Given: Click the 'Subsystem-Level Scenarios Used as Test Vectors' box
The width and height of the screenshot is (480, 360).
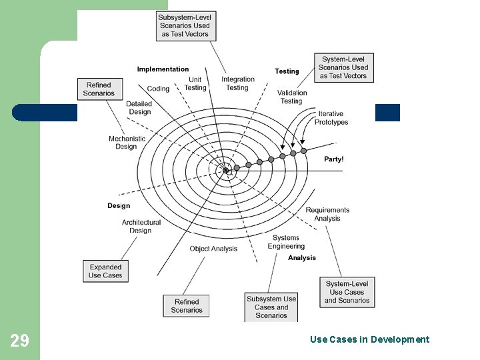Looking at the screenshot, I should [x=186, y=26].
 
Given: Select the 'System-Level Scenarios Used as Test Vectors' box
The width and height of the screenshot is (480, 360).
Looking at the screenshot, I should [x=344, y=67].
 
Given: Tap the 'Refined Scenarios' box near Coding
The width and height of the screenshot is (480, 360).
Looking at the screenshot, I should [x=99, y=89].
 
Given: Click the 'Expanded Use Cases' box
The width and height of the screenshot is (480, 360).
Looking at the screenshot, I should [x=105, y=271].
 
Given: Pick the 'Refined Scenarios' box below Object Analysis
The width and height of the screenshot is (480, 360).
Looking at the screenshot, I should [x=187, y=305].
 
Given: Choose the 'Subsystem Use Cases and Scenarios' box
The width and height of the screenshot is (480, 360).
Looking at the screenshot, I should [x=271, y=307].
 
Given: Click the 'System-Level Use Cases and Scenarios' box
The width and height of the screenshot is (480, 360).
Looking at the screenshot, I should [x=347, y=292].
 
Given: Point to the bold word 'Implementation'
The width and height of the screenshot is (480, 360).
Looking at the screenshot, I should [x=163, y=69].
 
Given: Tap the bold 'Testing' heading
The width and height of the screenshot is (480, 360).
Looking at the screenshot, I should [x=287, y=71].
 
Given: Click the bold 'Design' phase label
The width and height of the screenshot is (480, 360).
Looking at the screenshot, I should [x=119, y=206].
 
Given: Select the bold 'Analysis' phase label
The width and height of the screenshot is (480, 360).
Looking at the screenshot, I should [x=302, y=258].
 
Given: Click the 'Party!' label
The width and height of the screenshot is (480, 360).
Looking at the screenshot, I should [x=334, y=159].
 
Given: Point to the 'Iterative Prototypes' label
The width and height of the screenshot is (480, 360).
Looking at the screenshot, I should [x=331, y=118].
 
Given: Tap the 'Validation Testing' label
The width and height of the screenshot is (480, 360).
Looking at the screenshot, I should [x=292, y=97].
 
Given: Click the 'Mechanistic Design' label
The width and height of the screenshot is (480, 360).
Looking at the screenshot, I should [x=126, y=143].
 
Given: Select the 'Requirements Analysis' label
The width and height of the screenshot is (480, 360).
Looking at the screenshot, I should [x=327, y=214].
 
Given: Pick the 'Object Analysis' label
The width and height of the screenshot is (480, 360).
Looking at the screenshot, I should [x=213, y=249].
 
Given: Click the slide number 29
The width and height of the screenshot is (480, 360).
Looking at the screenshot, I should [x=20, y=341].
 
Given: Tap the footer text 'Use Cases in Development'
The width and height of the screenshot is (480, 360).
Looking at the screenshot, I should [x=369, y=339].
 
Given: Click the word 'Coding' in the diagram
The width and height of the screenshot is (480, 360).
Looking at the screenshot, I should [x=158, y=89].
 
